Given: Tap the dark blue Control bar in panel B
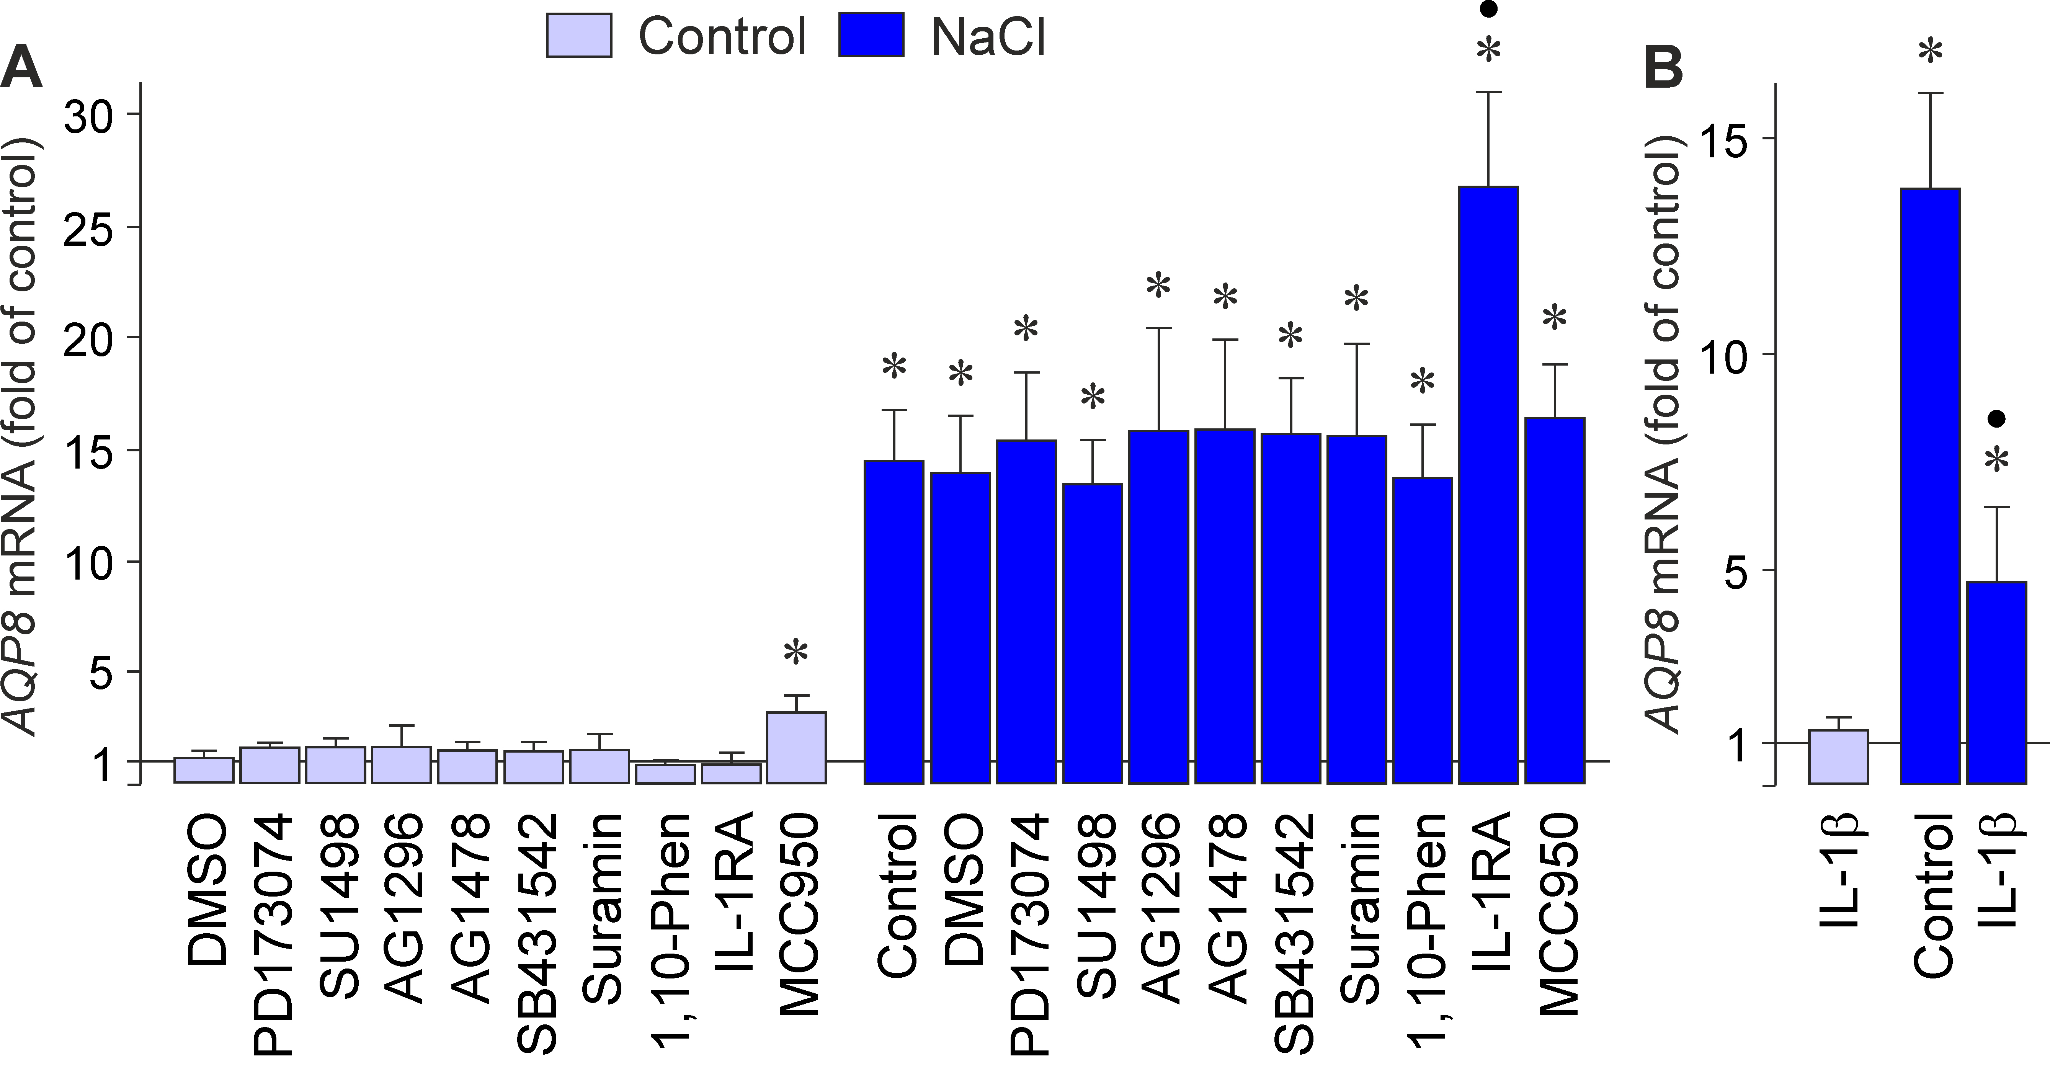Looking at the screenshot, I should [x=1930, y=485].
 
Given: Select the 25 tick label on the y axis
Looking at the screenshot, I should [x=94, y=227].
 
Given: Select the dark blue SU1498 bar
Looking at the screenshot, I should [x=1093, y=632].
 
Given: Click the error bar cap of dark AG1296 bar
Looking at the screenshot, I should [x=1159, y=328].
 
